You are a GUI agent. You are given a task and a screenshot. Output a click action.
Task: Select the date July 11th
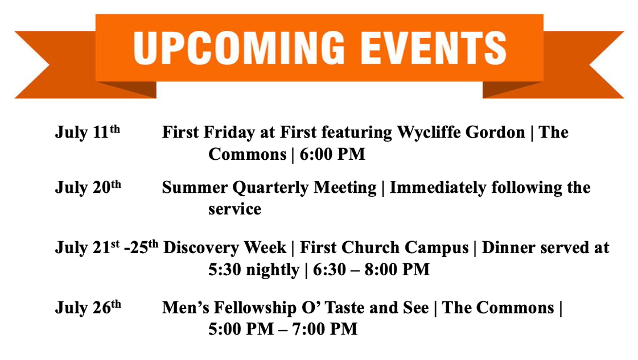click(x=88, y=132)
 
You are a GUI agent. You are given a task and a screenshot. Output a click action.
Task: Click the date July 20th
click(x=88, y=187)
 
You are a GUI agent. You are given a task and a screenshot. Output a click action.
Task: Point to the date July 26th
click(x=88, y=307)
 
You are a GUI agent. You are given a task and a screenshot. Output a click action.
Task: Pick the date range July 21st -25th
click(x=106, y=247)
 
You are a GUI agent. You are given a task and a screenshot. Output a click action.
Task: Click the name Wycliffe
click(x=435, y=133)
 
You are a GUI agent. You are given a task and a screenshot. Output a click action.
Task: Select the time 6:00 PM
click(x=332, y=154)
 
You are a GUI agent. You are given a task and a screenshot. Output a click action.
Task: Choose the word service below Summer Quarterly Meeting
click(x=235, y=209)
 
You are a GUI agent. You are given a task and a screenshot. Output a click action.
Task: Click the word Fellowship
click(x=256, y=308)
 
